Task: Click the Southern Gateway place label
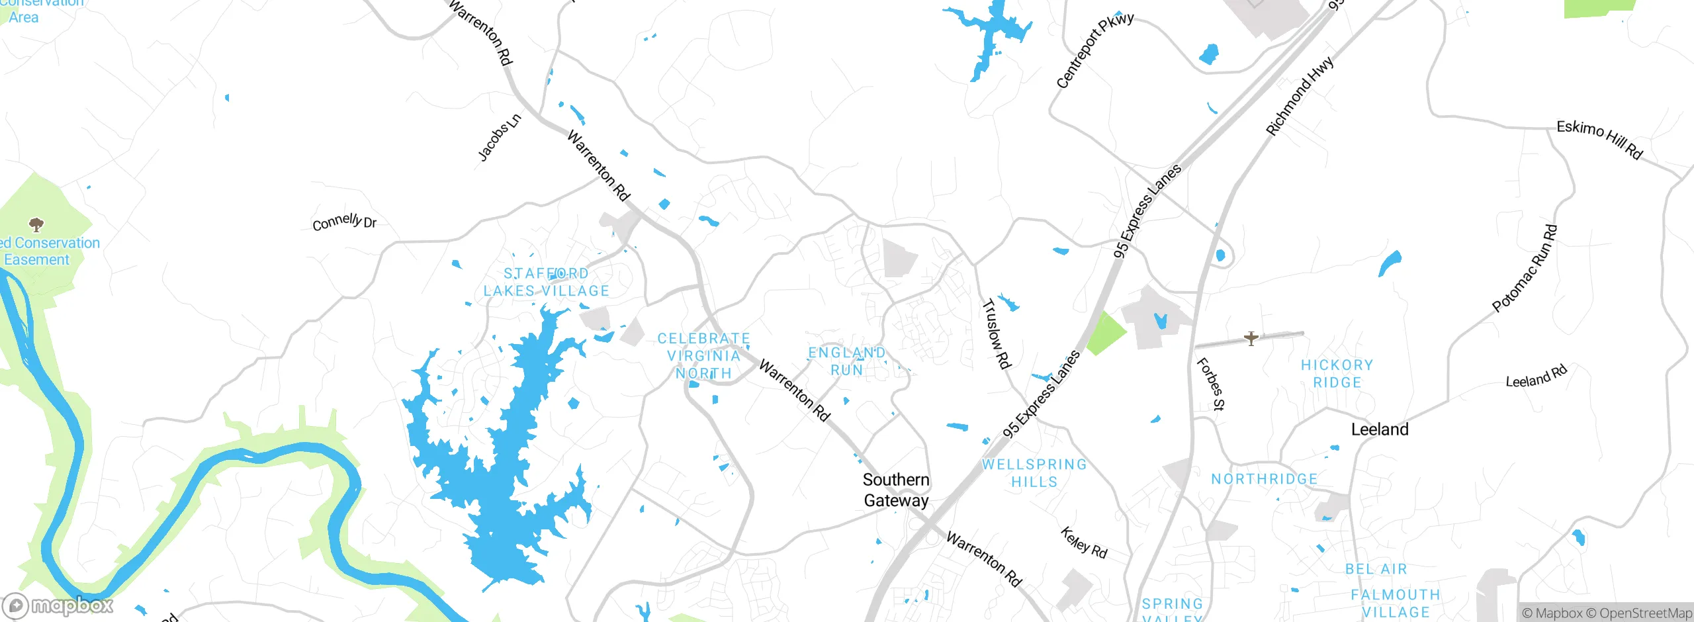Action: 896,490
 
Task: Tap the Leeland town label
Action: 1380,429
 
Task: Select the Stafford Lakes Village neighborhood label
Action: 546,283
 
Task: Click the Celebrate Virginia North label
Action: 703,356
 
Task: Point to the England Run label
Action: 846,361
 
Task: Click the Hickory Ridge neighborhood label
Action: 1337,374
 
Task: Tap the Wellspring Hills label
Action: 1034,473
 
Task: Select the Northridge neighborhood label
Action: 1264,479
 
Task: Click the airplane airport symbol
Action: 1251,339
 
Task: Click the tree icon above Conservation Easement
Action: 36,224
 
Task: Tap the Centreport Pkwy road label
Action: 1094,50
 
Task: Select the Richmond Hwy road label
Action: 1300,97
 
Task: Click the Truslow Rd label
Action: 996,334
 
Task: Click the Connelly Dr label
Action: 344,222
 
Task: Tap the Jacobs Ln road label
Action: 500,138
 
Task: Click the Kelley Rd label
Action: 1083,543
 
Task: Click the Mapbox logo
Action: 58,605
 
